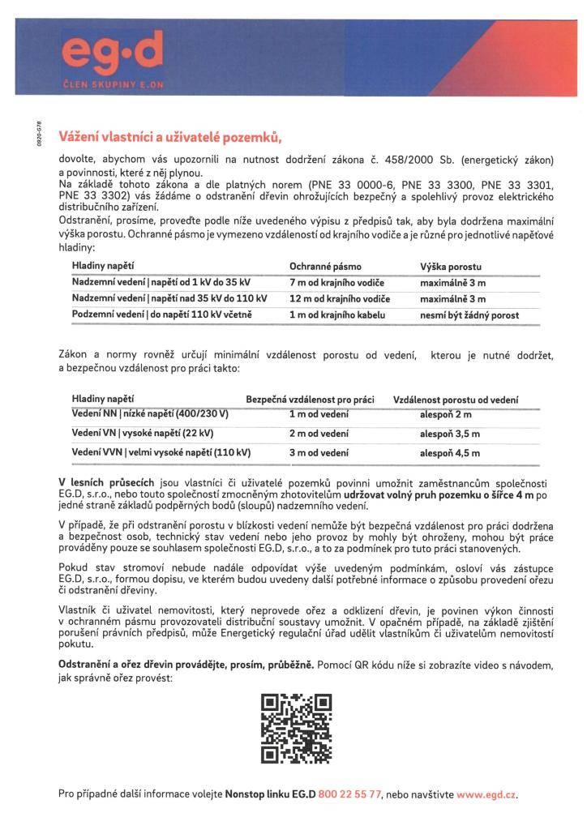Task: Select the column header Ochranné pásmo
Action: pyautogui.click(x=325, y=266)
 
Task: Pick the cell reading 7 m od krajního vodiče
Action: pyautogui.click(x=336, y=282)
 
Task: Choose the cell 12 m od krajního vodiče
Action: pyautogui.click(x=340, y=298)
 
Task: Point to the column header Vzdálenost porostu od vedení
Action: pyautogui.click(x=456, y=400)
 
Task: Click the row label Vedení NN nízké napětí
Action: pyautogui.click(x=151, y=415)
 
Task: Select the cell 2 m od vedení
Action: pyautogui.click(x=319, y=434)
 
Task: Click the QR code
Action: pyautogui.click(x=296, y=729)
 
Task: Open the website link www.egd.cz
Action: pyautogui.click(x=486, y=794)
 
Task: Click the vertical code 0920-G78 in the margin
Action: pyautogui.click(x=37, y=134)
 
